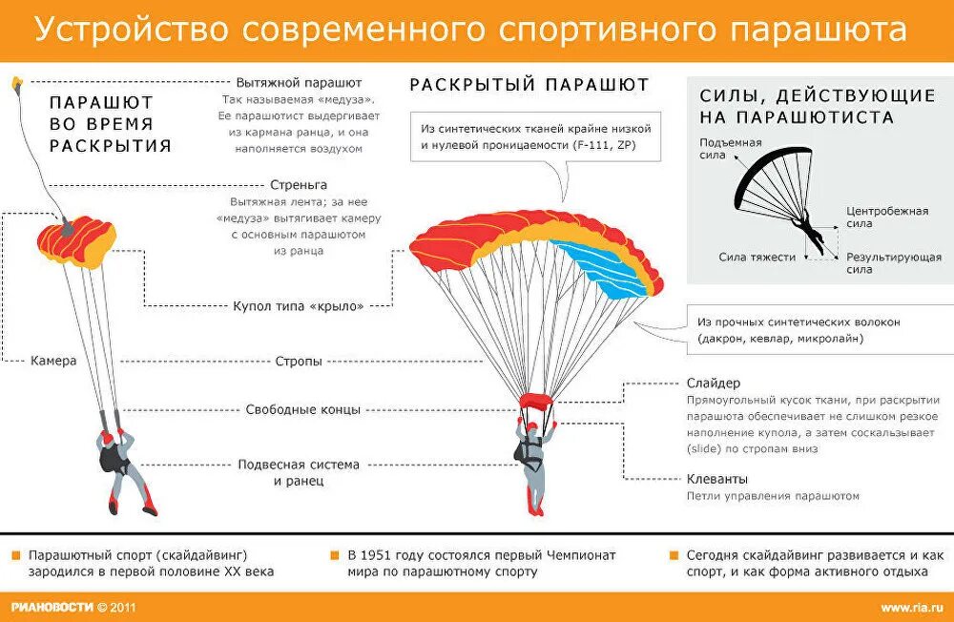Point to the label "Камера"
click(53, 362)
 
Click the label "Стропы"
click(298, 362)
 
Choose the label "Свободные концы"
click(301, 410)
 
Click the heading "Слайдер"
click(714, 383)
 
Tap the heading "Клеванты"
click(717, 478)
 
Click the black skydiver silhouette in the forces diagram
click(808, 229)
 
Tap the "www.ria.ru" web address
click(911, 608)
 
